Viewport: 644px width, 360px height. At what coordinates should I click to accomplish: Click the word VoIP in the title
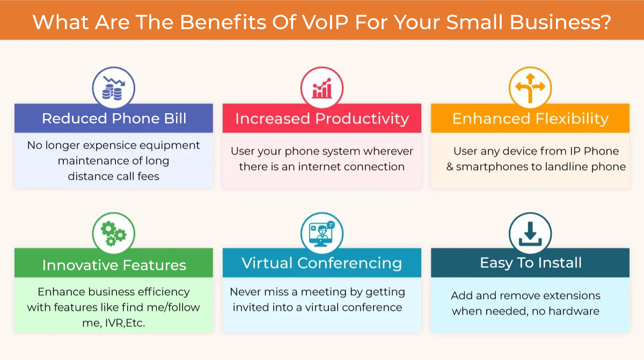[x=325, y=22]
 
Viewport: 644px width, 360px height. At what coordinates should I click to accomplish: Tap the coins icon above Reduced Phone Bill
[x=114, y=88]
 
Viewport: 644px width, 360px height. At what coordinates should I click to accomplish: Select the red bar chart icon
[x=321, y=88]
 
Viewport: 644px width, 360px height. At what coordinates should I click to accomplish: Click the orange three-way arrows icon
[x=530, y=88]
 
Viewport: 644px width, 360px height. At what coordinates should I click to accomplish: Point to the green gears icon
[x=113, y=233]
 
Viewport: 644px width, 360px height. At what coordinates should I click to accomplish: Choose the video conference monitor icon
[x=321, y=233]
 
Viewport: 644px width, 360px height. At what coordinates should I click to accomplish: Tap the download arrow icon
[x=530, y=234]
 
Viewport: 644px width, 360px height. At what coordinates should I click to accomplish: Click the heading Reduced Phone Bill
[x=114, y=119]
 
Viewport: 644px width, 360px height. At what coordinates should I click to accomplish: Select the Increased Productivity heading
[x=322, y=119]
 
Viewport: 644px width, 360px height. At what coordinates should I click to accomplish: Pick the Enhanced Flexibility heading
[x=530, y=119]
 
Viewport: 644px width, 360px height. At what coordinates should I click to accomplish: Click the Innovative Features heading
[x=114, y=265]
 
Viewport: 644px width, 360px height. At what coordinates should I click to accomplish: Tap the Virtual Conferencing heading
[x=321, y=263]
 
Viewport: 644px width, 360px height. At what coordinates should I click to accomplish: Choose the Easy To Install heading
[x=531, y=263]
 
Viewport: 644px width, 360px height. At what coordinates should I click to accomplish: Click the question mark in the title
[x=606, y=22]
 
